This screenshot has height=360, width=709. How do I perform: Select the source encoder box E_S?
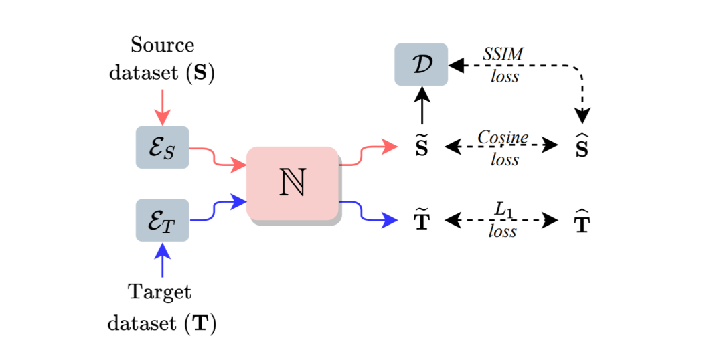[x=162, y=147]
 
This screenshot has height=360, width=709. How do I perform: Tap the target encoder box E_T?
[x=162, y=219]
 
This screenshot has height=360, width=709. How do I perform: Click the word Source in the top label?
[x=162, y=46]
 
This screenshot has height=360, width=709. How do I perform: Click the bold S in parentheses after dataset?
[x=200, y=72]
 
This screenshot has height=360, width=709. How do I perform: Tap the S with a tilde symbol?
[x=422, y=147]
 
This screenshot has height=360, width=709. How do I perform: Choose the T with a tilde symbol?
[x=422, y=221]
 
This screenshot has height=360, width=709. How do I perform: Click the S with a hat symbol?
[x=582, y=147]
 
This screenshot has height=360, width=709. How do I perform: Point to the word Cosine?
[x=503, y=137]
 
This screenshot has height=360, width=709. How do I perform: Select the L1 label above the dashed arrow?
[x=503, y=209]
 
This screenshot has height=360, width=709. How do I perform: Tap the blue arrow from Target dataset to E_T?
[x=162, y=260]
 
